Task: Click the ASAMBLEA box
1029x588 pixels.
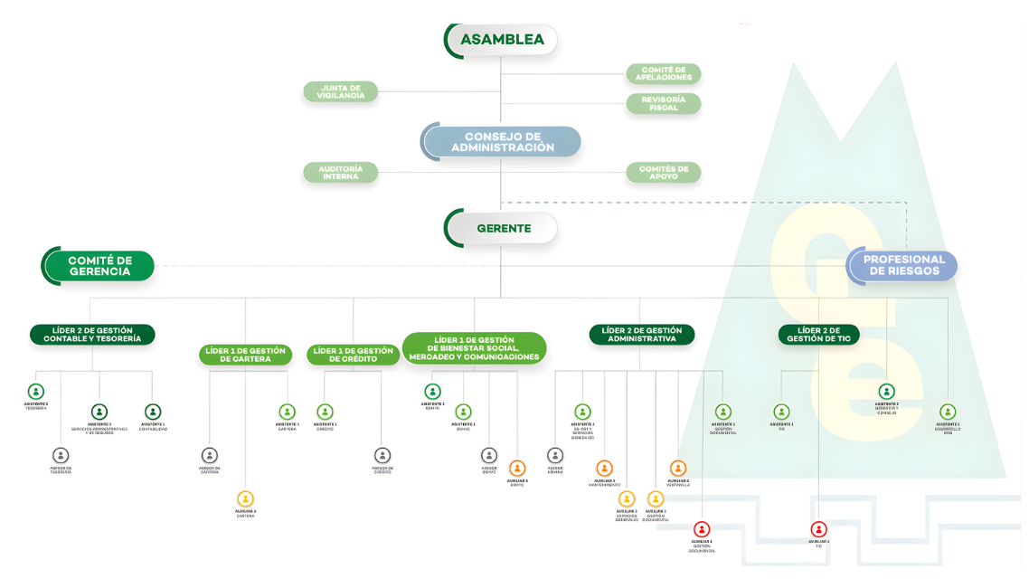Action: coord(502,40)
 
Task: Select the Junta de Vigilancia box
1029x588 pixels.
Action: coord(341,91)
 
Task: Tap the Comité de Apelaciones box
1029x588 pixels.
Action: coord(664,73)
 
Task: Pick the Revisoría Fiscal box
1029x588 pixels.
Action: coord(664,103)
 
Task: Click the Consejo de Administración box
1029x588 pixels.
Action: coord(502,142)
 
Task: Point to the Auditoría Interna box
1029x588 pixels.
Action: coord(341,172)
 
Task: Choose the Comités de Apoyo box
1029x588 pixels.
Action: coord(664,172)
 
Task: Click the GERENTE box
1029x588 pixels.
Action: coord(502,228)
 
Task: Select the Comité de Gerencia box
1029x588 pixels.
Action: coord(99,266)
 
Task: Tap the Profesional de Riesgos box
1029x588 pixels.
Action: coord(903,265)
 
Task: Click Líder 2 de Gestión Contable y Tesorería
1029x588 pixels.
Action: coord(92,335)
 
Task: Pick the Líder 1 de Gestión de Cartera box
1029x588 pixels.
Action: coord(245,355)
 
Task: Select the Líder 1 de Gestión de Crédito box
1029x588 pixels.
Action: coord(353,355)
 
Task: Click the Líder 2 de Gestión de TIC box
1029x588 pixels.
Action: coord(818,335)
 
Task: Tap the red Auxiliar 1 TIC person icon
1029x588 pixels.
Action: coord(819,529)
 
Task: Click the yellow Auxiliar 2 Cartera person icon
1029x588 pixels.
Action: coord(245,498)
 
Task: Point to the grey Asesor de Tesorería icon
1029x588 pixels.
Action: coord(61,455)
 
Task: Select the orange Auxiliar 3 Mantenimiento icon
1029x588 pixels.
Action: coord(604,469)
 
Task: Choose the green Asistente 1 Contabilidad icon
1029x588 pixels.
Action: coord(153,412)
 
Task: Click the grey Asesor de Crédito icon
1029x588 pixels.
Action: coord(382,455)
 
